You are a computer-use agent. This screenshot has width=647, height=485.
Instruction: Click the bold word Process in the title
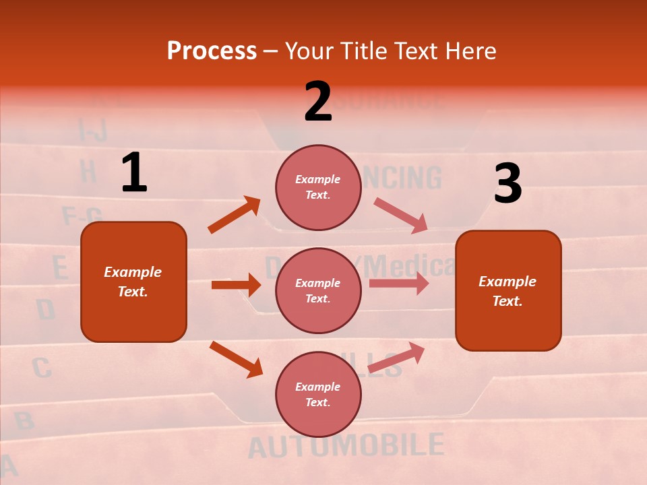pyautogui.click(x=212, y=51)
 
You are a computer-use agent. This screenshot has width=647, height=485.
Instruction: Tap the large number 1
pyautogui.click(x=134, y=172)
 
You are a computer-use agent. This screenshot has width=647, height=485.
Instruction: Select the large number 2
pyautogui.click(x=318, y=102)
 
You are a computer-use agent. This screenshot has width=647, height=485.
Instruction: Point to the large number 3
pyautogui.click(x=507, y=184)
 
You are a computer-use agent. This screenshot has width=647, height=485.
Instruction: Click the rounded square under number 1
pyautogui.click(x=133, y=282)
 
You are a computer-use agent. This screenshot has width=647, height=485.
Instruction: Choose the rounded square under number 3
pyautogui.click(x=508, y=290)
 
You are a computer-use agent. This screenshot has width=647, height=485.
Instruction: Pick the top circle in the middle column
pyautogui.click(x=318, y=187)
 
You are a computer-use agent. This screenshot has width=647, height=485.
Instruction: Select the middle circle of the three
pyautogui.click(x=318, y=290)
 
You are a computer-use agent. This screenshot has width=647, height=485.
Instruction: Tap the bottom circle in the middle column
pyautogui.click(x=318, y=394)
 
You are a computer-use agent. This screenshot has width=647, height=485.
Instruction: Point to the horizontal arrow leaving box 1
pyautogui.click(x=236, y=285)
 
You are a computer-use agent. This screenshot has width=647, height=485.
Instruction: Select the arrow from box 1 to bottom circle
pyautogui.click(x=236, y=359)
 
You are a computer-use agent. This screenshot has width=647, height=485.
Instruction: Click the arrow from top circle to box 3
pyautogui.click(x=400, y=215)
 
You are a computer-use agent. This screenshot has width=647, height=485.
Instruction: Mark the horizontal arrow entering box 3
pyautogui.click(x=399, y=284)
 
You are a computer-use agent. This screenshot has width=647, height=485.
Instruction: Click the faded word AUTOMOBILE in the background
pyautogui.click(x=346, y=446)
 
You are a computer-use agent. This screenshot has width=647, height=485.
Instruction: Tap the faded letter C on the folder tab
pyautogui.click(x=41, y=368)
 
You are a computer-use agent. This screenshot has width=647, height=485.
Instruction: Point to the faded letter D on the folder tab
pyautogui.click(x=45, y=310)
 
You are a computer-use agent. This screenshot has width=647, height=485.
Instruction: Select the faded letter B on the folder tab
pyautogui.click(x=24, y=421)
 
